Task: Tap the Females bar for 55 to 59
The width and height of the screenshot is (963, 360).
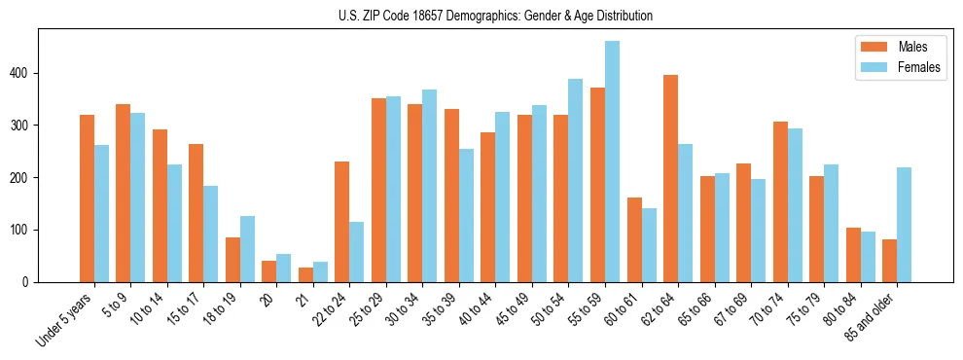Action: [x=612, y=162]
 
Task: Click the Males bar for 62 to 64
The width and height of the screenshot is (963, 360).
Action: [x=670, y=178]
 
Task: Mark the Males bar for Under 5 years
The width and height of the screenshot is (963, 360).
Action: [x=87, y=198]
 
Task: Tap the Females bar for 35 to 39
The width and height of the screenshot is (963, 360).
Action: [x=466, y=215]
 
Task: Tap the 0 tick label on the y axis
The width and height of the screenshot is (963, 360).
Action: [x=28, y=282]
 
